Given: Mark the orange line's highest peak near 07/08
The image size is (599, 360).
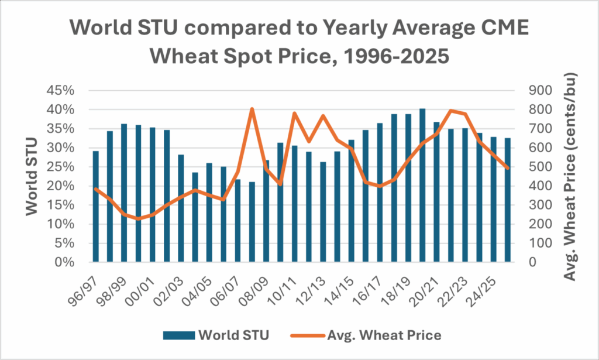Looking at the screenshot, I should (252, 109).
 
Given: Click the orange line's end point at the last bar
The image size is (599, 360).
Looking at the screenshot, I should (508, 168).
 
